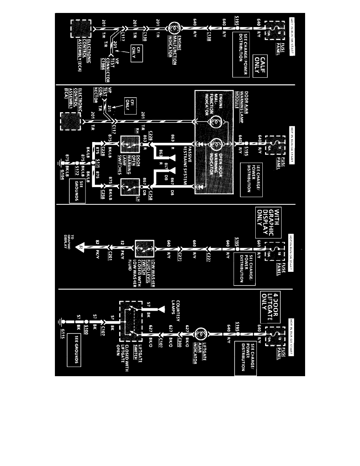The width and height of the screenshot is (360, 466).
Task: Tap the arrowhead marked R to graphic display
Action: click(81, 248)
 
